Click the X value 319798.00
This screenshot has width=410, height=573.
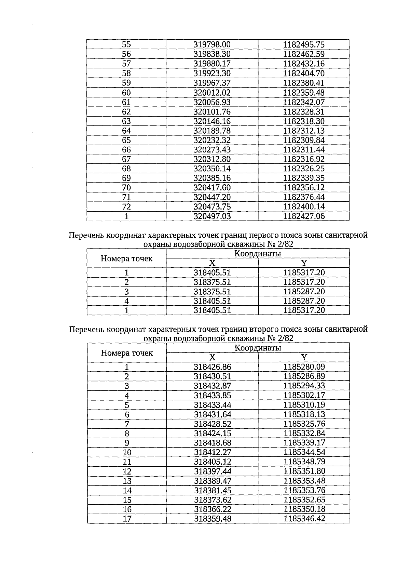(x=212, y=45)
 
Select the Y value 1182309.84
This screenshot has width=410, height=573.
(x=304, y=140)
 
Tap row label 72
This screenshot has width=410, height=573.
(x=126, y=207)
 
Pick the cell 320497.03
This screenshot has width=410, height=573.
(x=212, y=216)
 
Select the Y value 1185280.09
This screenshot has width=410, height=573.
(x=304, y=367)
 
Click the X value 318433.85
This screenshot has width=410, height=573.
(x=213, y=396)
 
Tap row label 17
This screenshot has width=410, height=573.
(x=127, y=519)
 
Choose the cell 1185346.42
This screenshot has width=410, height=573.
(x=304, y=519)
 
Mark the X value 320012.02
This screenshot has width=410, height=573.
(x=212, y=93)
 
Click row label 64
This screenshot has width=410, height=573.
(x=126, y=131)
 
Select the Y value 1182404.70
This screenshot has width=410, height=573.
(x=304, y=74)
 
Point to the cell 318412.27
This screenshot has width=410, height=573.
(x=213, y=453)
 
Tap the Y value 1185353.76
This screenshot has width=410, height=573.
(x=304, y=491)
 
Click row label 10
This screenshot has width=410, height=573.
(x=127, y=453)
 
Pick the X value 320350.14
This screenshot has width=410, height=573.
(x=212, y=169)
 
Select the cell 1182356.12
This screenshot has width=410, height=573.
(x=304, y=188)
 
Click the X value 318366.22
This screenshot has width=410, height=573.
(x=213, y=509)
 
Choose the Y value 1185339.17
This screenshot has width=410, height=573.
(x=304, y=443)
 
